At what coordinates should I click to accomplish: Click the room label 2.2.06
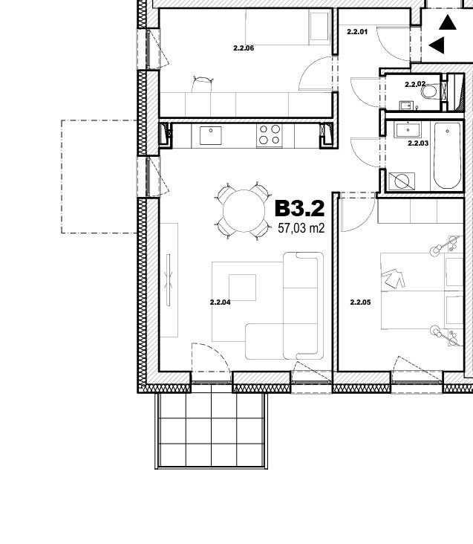point(244,48)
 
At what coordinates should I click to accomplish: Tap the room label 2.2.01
point(357,32)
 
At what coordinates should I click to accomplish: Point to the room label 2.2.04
point(220,302)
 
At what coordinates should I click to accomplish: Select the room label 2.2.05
point(360,302)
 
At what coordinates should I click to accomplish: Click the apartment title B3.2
point(300,209)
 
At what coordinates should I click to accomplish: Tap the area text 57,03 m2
point(301,228)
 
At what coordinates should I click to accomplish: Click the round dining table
point(244,211)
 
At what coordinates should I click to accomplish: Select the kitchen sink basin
point(211,135)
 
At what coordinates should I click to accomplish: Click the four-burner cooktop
point(270,135)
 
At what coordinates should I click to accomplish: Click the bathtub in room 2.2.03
point(447,155)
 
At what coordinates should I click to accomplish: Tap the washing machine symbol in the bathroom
point(402,181)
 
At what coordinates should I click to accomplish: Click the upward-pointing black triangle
point(448,22)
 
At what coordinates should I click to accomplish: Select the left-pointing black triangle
point(437,45)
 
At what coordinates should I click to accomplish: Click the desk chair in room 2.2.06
point(202,84)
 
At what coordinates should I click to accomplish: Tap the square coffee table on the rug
point(243,288)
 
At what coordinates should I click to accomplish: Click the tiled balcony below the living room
point(212,430)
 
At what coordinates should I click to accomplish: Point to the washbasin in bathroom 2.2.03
point(408,130)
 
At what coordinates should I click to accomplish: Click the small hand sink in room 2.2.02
point(405,105)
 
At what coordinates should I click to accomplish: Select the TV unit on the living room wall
point(169,280)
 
